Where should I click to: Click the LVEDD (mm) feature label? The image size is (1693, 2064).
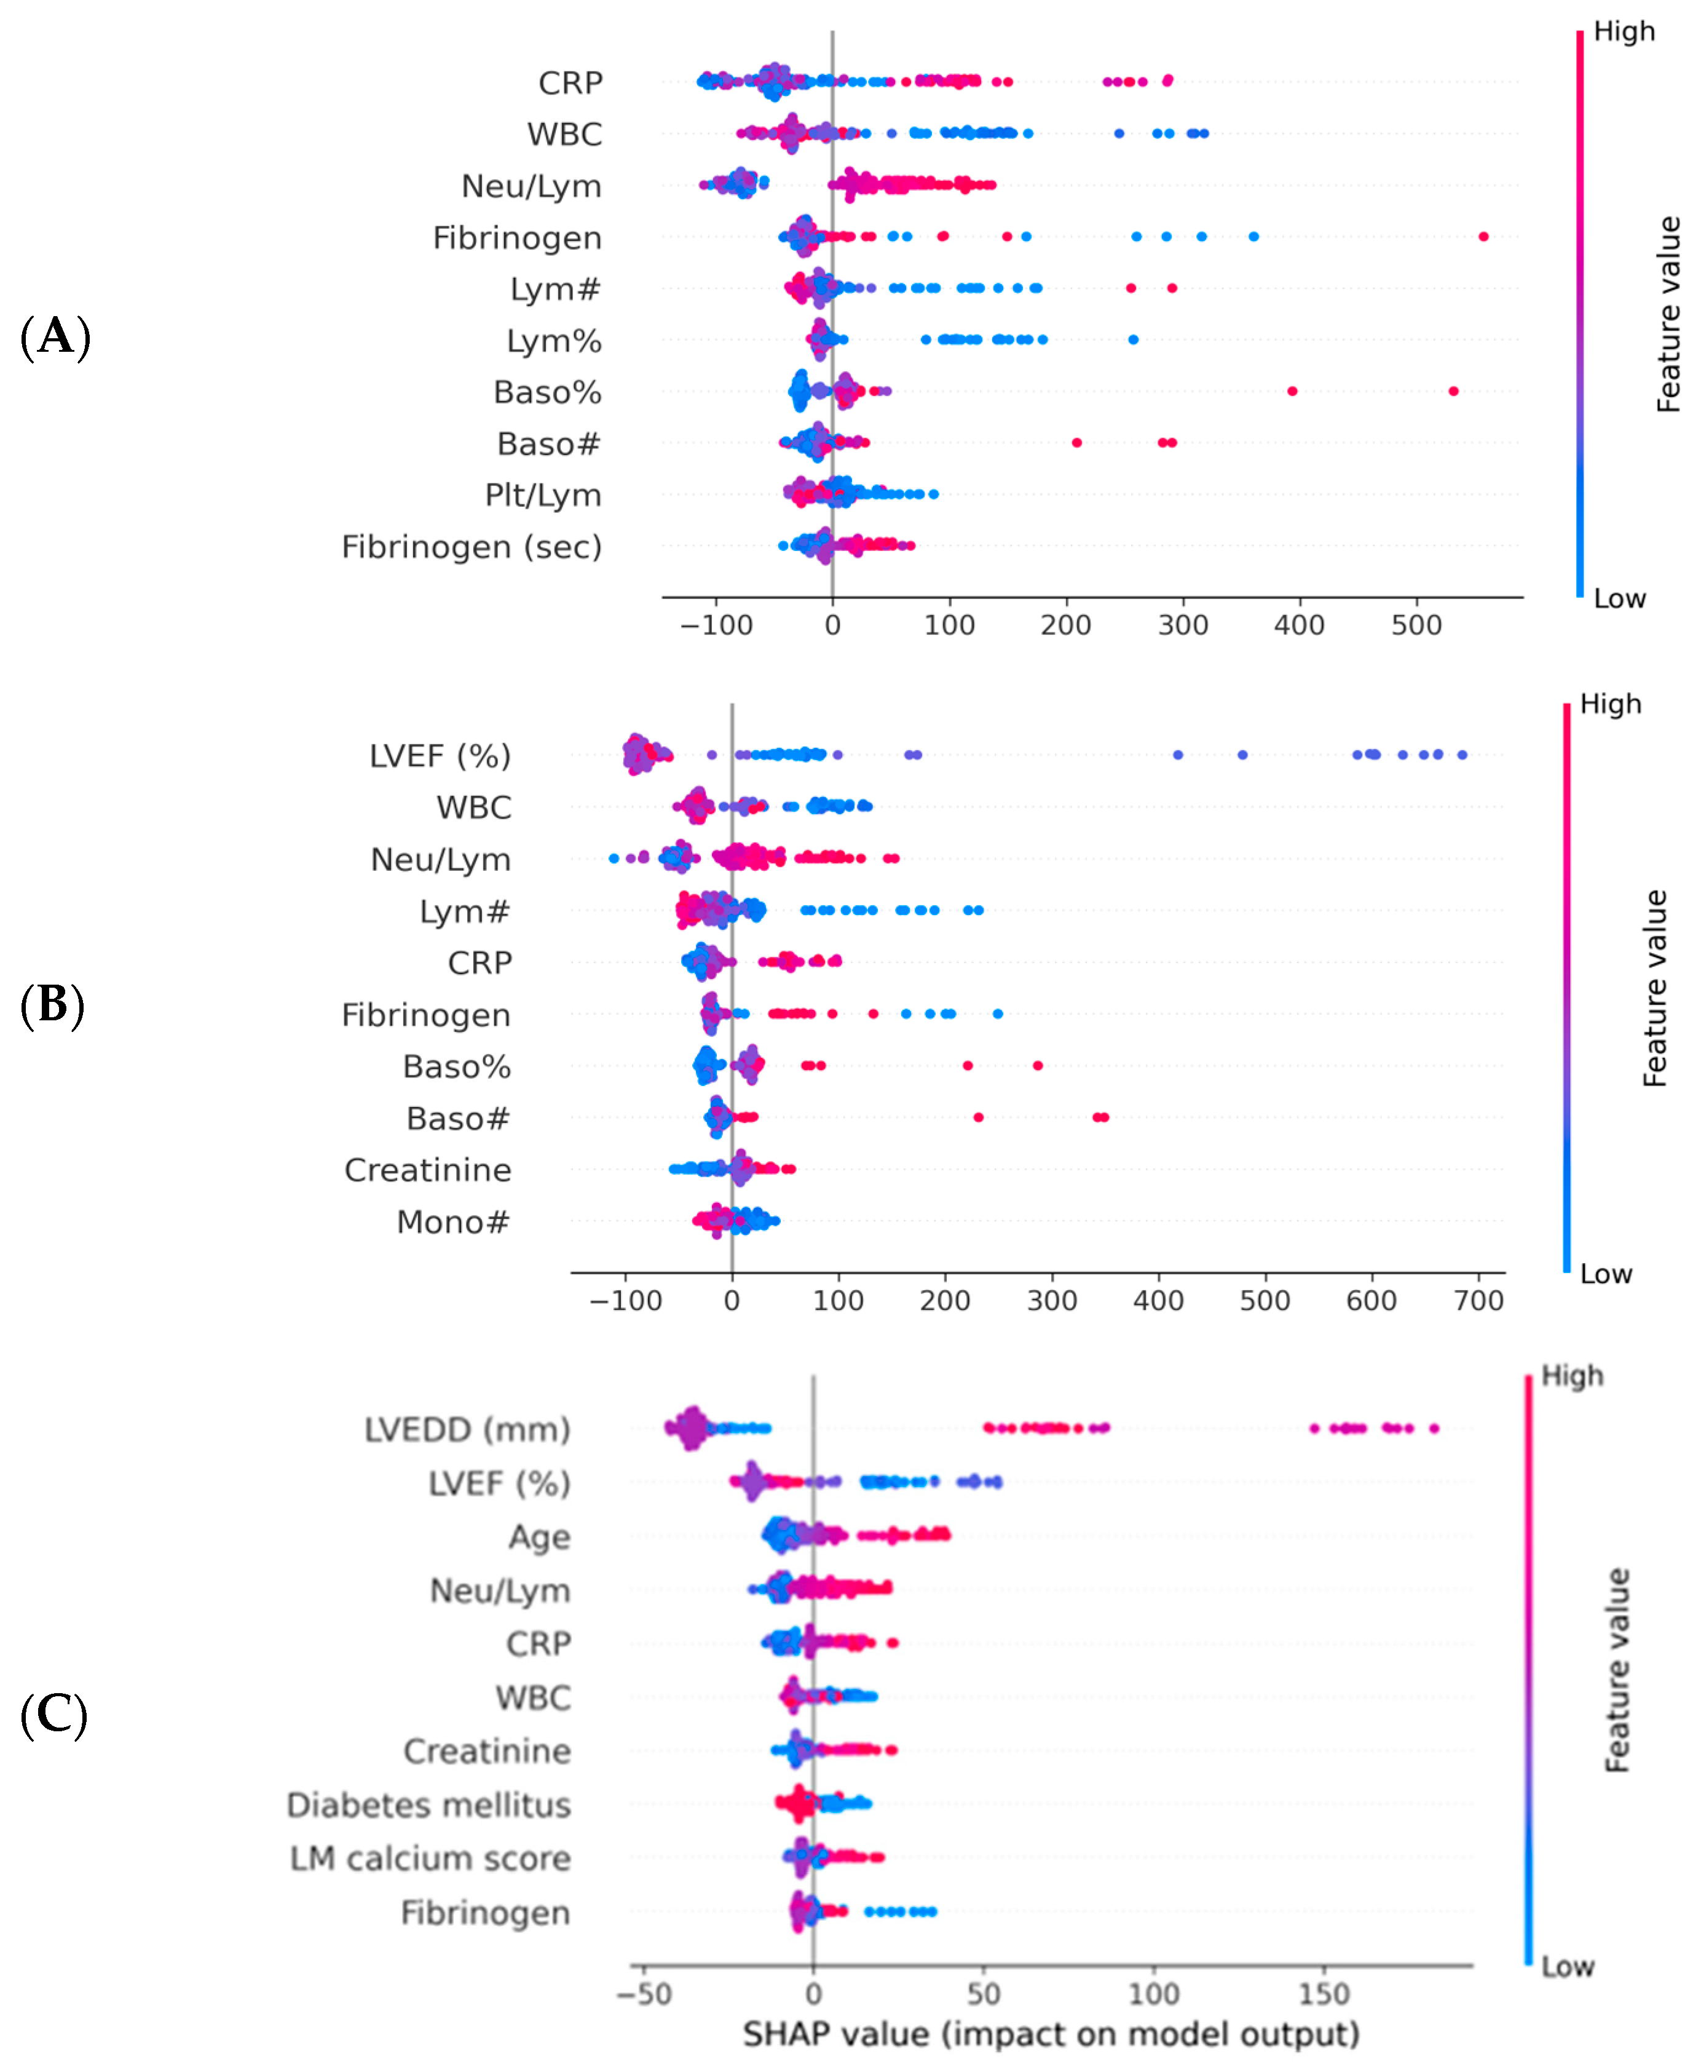(x=467, y=1429)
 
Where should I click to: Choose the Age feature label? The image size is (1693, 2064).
(x=539, y=1538)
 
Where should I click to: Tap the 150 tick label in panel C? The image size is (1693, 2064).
(x=1324, y=1994)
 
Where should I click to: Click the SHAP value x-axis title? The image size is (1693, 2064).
(x=1051, y=2034)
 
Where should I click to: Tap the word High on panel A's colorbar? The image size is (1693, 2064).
(x=1624, y=32)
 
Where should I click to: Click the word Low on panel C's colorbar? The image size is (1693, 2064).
(x=1567, y=1966)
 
